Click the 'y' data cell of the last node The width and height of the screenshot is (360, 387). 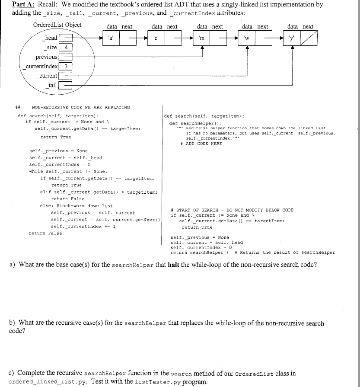pyautogui.click(x=293, y=38)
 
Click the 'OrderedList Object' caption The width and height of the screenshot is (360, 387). pyautogui.click(x=57, y=25)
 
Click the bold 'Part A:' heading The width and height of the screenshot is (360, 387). pyautogui.click(x=24, y=5)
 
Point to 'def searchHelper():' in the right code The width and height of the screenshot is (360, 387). pyautogui.click(x=192, y=123)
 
